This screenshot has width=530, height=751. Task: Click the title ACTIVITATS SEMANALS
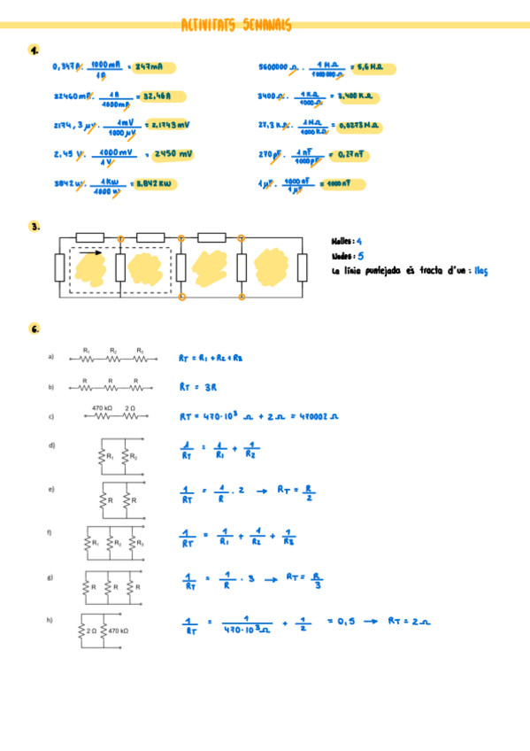click(x=235, y=26)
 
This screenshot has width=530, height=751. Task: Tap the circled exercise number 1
click(x=33, y=50)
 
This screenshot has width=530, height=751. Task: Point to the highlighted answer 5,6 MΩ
click(x=372, y=67)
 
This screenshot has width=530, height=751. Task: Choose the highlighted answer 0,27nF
click(x=348, y=154)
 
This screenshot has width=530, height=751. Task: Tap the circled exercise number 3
click(x=34, y=227)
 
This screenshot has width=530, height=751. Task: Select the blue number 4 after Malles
click(x=358, y=240)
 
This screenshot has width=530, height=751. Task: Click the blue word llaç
click(x=480, y=271)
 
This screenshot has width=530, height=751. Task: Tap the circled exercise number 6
click(x=34, y=329)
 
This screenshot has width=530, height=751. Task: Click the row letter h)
click(x=50, y=620)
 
